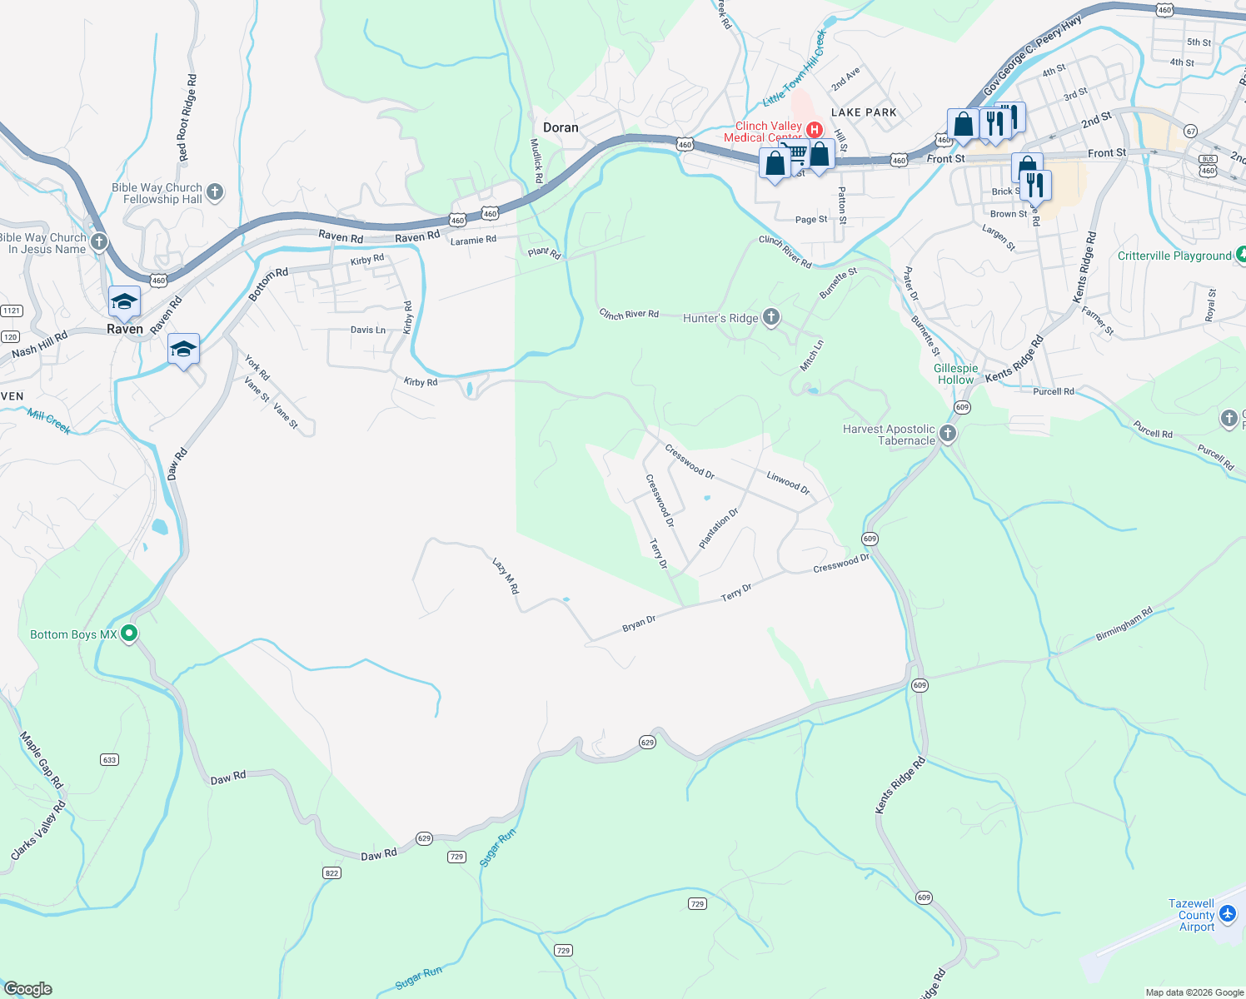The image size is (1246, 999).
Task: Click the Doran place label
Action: (561, 127)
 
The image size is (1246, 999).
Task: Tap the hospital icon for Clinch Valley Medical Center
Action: (815, 130)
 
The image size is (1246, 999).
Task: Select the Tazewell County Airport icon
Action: (1227, 915)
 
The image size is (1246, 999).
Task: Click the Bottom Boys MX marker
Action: (129, 634)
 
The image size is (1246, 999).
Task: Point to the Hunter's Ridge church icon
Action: (771, 316)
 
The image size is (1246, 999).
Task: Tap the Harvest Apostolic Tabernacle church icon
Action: (947, 434)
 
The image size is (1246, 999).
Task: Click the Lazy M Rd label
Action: (506, 576)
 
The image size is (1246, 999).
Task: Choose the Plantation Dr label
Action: (719, 529)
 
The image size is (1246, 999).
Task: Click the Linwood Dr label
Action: (788, 482)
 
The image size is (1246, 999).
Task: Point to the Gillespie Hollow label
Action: (955, 374)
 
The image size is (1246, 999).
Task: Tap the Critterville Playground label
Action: (1174, 256)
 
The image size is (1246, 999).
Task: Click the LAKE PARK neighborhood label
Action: (864, 112)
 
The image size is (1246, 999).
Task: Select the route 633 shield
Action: (109, 759)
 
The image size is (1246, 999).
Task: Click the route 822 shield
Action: (331, 872)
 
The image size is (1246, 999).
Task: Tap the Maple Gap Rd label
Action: (42, 760)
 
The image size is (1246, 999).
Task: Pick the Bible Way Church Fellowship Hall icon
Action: (215, 192)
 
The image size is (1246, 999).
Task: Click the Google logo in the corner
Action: (27, 989)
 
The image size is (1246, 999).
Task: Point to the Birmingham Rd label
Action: (1124, 624)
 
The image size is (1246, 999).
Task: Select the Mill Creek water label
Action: (49, 421)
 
